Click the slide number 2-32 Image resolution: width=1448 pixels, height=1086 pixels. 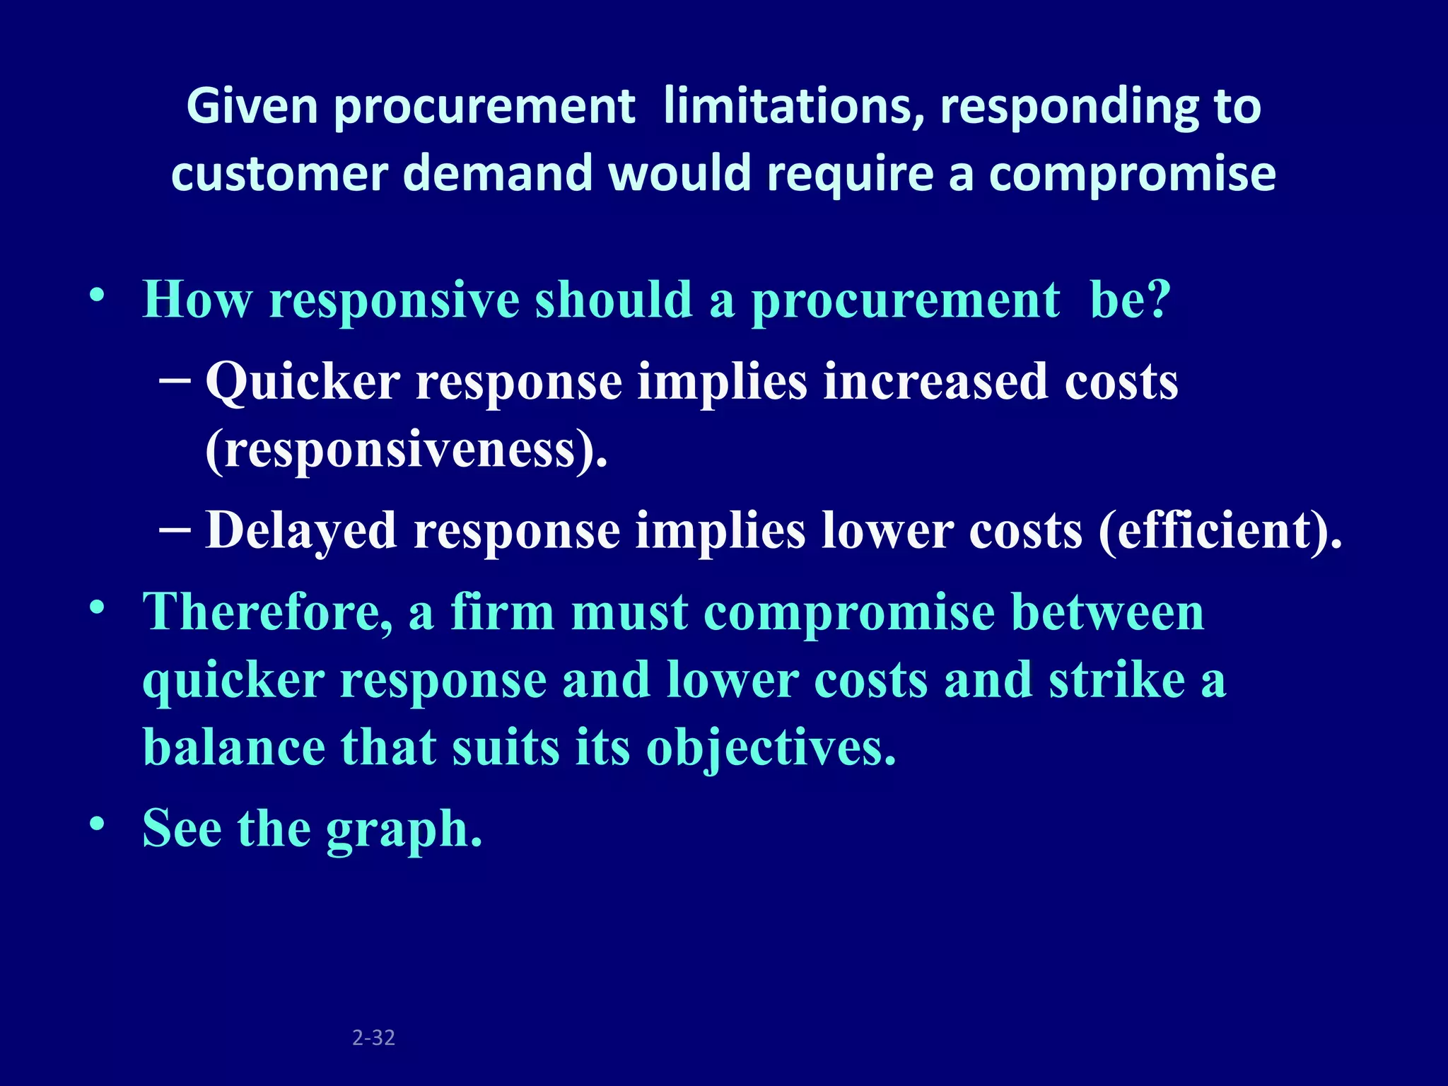click(x=373, y=1037)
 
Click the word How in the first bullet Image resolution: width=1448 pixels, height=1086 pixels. click(x=197, y=300)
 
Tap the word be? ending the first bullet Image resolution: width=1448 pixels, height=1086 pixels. click(x=1130, y=300)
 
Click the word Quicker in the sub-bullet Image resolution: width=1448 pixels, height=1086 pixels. click(x=303, y=382)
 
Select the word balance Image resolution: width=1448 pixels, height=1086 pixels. click(x=234, y=747)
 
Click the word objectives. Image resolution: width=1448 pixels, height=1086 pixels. click(x=771, y=749)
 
